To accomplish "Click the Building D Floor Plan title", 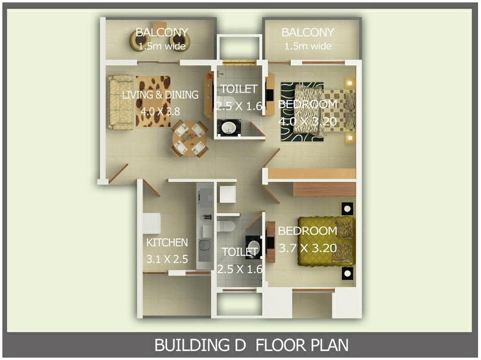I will click(x=251, y=345).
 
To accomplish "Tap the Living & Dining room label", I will click(x=160, y=95).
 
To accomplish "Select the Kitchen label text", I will click(x=167, y=242).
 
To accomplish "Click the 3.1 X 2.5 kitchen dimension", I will click(x=167, y=259).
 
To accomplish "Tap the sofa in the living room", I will click(x=121, y=102).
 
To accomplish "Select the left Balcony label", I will click(x=162, y=32).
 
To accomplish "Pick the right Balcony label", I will click(x=307, y=32).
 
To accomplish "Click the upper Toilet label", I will click(x=239, y=89).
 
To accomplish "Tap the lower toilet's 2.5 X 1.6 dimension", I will click(x=239, y=269).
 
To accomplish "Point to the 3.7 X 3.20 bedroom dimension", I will click(x=307, y=248).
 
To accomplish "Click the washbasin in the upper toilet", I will click(x=229, y=127).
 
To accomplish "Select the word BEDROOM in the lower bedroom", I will click(x=307, y=230).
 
